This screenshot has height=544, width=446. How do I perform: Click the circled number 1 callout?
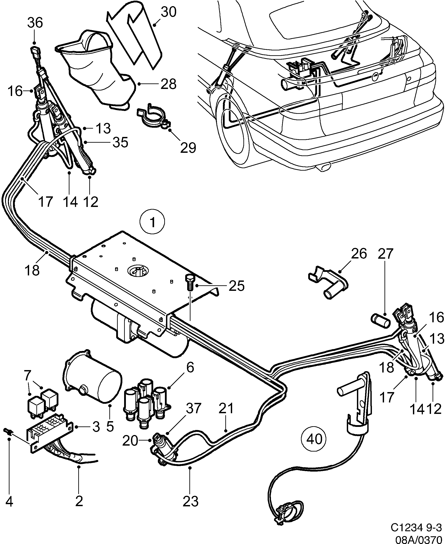point(153,222)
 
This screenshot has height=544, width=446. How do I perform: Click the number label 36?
point(35,23)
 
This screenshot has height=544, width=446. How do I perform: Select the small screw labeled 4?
point(8,432)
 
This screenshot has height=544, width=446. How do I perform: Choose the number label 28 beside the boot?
point(168,84)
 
